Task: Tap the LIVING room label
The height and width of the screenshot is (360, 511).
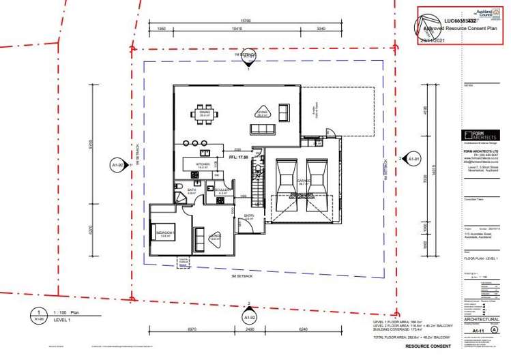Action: click(261, 114)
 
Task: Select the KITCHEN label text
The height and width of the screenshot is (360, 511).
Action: click(202, 164)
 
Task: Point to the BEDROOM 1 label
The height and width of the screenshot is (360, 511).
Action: click(166, 232)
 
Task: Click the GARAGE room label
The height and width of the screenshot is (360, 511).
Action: click(304, 181)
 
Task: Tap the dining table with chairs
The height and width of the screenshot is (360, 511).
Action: click(205, 113)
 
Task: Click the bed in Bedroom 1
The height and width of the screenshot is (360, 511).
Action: click(164, 233)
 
